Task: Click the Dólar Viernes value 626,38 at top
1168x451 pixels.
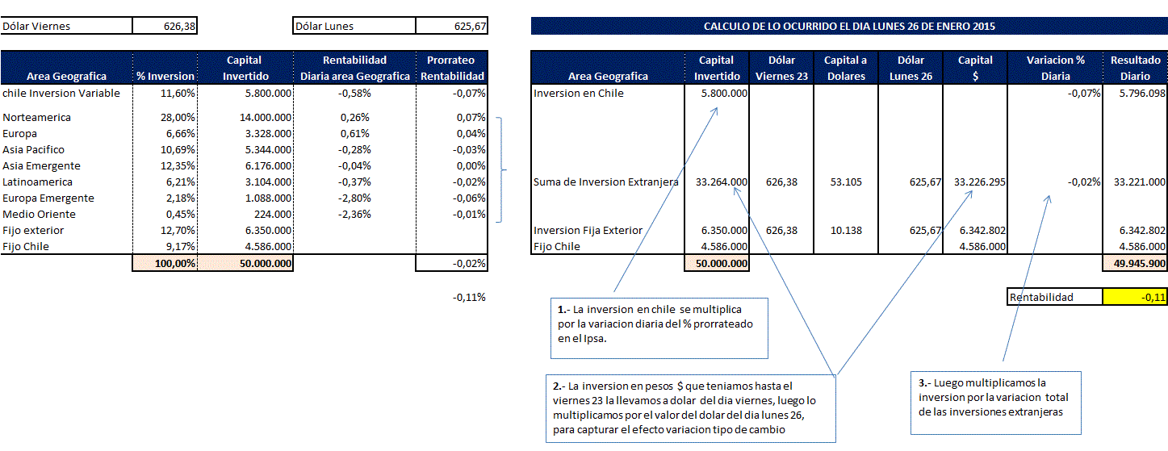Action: (x=179, y=26)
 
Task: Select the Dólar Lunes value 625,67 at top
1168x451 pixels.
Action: (x=470, y=26)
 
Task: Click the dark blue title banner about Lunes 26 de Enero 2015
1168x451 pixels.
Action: (x=849, y=26)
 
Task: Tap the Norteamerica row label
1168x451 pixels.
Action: (x=36, y=117)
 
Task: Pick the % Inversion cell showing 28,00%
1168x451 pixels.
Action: (x=178, y=117)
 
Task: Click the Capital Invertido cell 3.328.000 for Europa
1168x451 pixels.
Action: (x=269, y=133)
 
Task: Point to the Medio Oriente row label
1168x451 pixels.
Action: (x=39, y=215)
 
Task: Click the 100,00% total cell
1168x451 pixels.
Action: (x=174, y=263)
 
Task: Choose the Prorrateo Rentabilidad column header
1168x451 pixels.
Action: (x=452, y=68)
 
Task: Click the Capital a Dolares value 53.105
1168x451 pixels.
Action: (x=846, y=182)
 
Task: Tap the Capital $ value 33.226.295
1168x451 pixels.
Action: (x=980, y=182)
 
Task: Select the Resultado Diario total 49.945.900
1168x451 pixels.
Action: (x=1139, y=263)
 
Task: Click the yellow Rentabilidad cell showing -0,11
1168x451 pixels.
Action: (x=1135, y=297)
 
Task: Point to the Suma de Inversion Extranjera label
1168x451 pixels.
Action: (x=606, y=182)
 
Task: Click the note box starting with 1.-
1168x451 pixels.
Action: (x=659, y=328)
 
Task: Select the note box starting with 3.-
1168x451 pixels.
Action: (x=995, y=403)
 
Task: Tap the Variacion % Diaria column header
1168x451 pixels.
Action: (x=1055, y=68)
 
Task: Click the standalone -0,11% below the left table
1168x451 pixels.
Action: (x=469, y=297)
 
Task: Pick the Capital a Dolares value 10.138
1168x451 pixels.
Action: (x=846, y=231)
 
